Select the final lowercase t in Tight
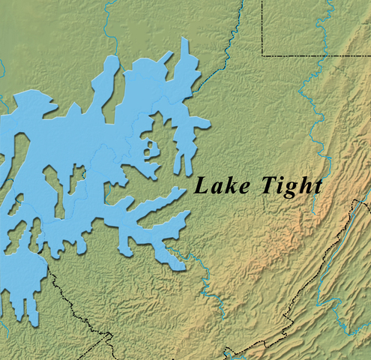(x=317, y=186)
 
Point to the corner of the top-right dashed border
(x=262, y=55)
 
